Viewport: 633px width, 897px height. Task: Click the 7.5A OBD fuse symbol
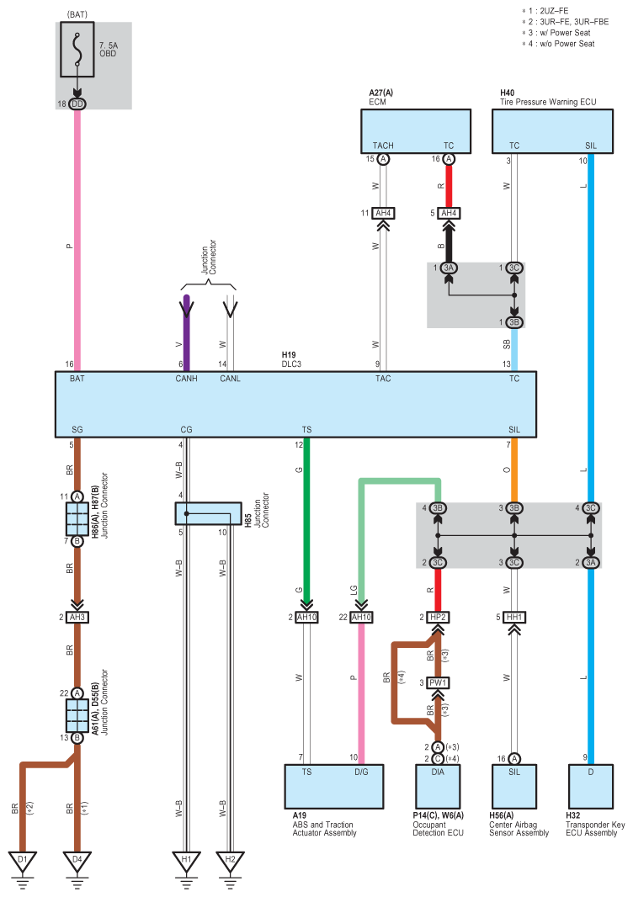[77, 49]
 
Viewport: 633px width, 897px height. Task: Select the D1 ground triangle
[23, 860]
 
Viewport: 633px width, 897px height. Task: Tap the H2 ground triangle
[230, 860]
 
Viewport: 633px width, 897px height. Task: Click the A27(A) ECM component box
[416, 131]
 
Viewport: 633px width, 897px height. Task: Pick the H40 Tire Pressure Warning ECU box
[552, 131]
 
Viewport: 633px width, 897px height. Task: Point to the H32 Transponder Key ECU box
[591, 787]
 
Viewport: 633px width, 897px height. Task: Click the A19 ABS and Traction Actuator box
[333, 787]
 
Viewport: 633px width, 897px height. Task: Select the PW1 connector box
[438, 682]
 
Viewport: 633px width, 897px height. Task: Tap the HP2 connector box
[438, 618]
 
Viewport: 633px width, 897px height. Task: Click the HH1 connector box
[514, 618]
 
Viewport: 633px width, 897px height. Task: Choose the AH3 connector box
[77, 618]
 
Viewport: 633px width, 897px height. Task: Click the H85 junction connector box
[208, 514]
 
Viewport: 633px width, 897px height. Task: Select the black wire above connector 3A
[449, 245]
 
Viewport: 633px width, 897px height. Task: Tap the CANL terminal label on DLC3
[230, 379]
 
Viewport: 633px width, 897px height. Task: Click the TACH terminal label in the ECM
[383, 146]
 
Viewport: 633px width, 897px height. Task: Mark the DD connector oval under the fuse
[77, 104]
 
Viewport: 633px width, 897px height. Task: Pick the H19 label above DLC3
[289, 355]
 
